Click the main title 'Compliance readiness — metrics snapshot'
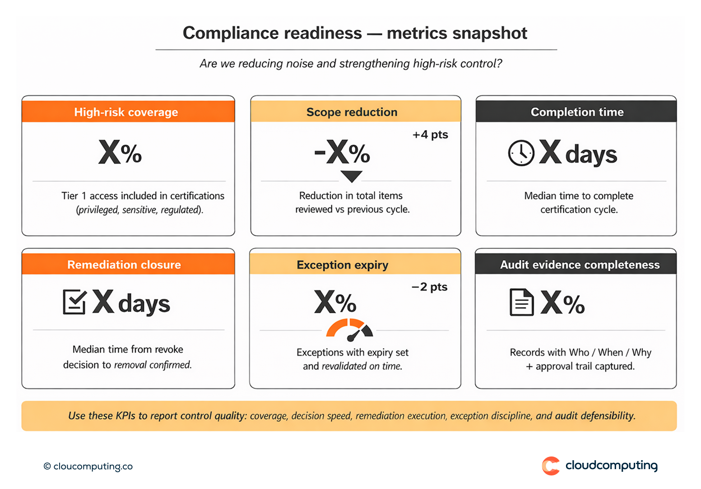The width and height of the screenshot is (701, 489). tap(355, 33)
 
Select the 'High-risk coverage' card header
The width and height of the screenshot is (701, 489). tap(126, 112)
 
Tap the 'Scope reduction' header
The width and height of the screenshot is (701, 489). tap(352, 112)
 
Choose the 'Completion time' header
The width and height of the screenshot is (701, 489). tap(577, 112)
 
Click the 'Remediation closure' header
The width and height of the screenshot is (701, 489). tap(124, 265)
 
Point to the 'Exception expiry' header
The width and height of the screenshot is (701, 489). tap(342, 265)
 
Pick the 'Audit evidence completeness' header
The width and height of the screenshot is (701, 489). tap(580, 265)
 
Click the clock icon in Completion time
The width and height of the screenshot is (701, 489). tap(521, 153)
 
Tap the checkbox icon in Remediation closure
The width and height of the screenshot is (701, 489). tap(74, 302)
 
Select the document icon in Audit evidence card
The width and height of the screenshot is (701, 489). tap(521, 302)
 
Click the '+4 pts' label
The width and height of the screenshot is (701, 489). tap(430, 135)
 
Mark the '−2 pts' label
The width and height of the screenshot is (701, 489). tap(429, 287)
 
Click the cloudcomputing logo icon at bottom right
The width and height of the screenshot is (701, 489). tap(551, 466)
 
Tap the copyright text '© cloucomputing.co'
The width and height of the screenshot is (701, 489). tap(88, 466)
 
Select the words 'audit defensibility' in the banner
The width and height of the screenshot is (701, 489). tap(595, 415)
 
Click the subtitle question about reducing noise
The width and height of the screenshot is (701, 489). tap(351, 64)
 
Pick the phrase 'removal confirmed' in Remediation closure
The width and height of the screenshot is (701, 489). tap(153, 365)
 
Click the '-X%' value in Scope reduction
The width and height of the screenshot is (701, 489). tap(342, 153)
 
